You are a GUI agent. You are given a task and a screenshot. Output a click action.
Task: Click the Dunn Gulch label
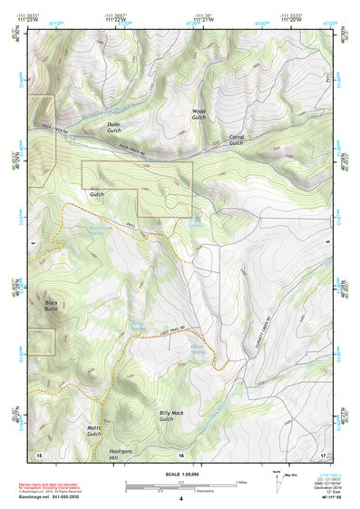click(x=113, y=128)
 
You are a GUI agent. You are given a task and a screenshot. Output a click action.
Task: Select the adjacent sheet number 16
click(x=180, y=455)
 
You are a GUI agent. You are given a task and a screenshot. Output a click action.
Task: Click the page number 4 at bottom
click(x=180, y=499)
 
